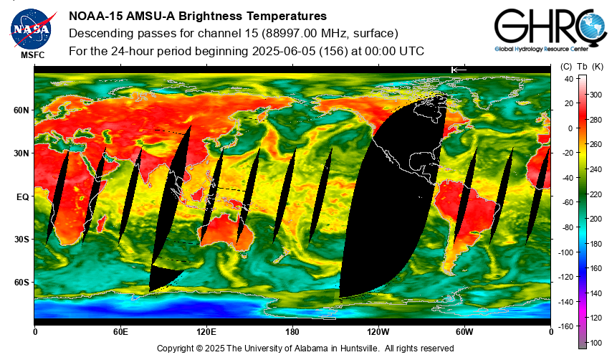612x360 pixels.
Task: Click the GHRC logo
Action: (x=550, y=30)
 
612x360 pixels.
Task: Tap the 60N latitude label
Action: (x=21, y=110)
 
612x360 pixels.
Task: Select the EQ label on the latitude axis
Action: (x=23, y=197)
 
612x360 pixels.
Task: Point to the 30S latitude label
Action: (x=21, y=240)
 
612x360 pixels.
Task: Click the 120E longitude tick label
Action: (x=206, y=332)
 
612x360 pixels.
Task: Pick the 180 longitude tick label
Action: (x=292, y=332)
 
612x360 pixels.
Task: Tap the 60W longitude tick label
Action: (x=464, y=332)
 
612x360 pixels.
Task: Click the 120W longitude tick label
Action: (x=378, y=332)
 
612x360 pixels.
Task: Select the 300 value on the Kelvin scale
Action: (x=596, y=95)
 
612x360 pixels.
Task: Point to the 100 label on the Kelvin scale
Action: (x=596, y=343)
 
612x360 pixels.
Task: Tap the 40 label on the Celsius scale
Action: (x=569, y=79)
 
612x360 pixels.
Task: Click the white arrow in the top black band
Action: (x=459, y=70)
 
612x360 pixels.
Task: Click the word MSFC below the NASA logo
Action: (x=33, y=55)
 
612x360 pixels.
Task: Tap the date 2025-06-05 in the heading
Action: (x=284, y=51)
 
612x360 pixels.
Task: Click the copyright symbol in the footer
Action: (x=199, y=349)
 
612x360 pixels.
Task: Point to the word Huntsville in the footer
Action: (x=359, y=349)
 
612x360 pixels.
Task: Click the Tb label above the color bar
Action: (x=582, y=67)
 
